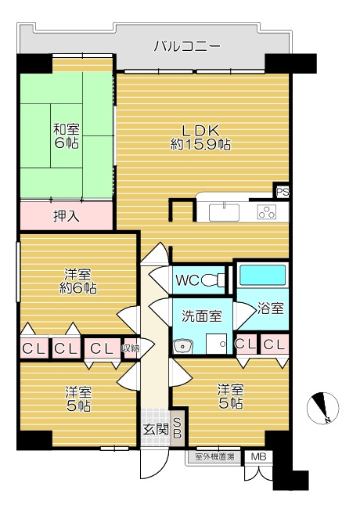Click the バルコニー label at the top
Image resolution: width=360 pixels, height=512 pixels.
186,46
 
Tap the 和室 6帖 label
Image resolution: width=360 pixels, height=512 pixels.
65,137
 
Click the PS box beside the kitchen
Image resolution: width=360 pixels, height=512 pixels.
281,191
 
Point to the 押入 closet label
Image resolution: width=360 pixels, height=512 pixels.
66,215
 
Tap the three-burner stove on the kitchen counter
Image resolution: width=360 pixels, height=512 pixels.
267,211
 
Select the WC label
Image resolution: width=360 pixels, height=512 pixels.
189,279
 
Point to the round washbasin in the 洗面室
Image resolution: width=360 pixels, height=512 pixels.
185,345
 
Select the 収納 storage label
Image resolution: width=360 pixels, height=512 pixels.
131,348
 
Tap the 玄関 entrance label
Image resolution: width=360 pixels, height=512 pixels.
153,429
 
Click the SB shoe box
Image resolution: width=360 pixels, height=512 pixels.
177,427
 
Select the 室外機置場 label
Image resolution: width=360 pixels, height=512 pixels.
213,456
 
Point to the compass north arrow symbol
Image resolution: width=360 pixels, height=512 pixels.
322,407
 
